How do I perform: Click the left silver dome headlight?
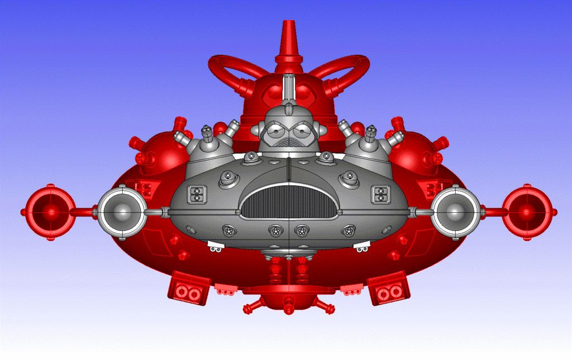click(x=122, y=212)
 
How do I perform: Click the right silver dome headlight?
click(x=456, y=212)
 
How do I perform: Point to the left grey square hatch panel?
click(x=197, y=194)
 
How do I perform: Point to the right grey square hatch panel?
click(x=381, y=194)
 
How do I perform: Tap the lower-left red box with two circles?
click(x=189, y=289)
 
